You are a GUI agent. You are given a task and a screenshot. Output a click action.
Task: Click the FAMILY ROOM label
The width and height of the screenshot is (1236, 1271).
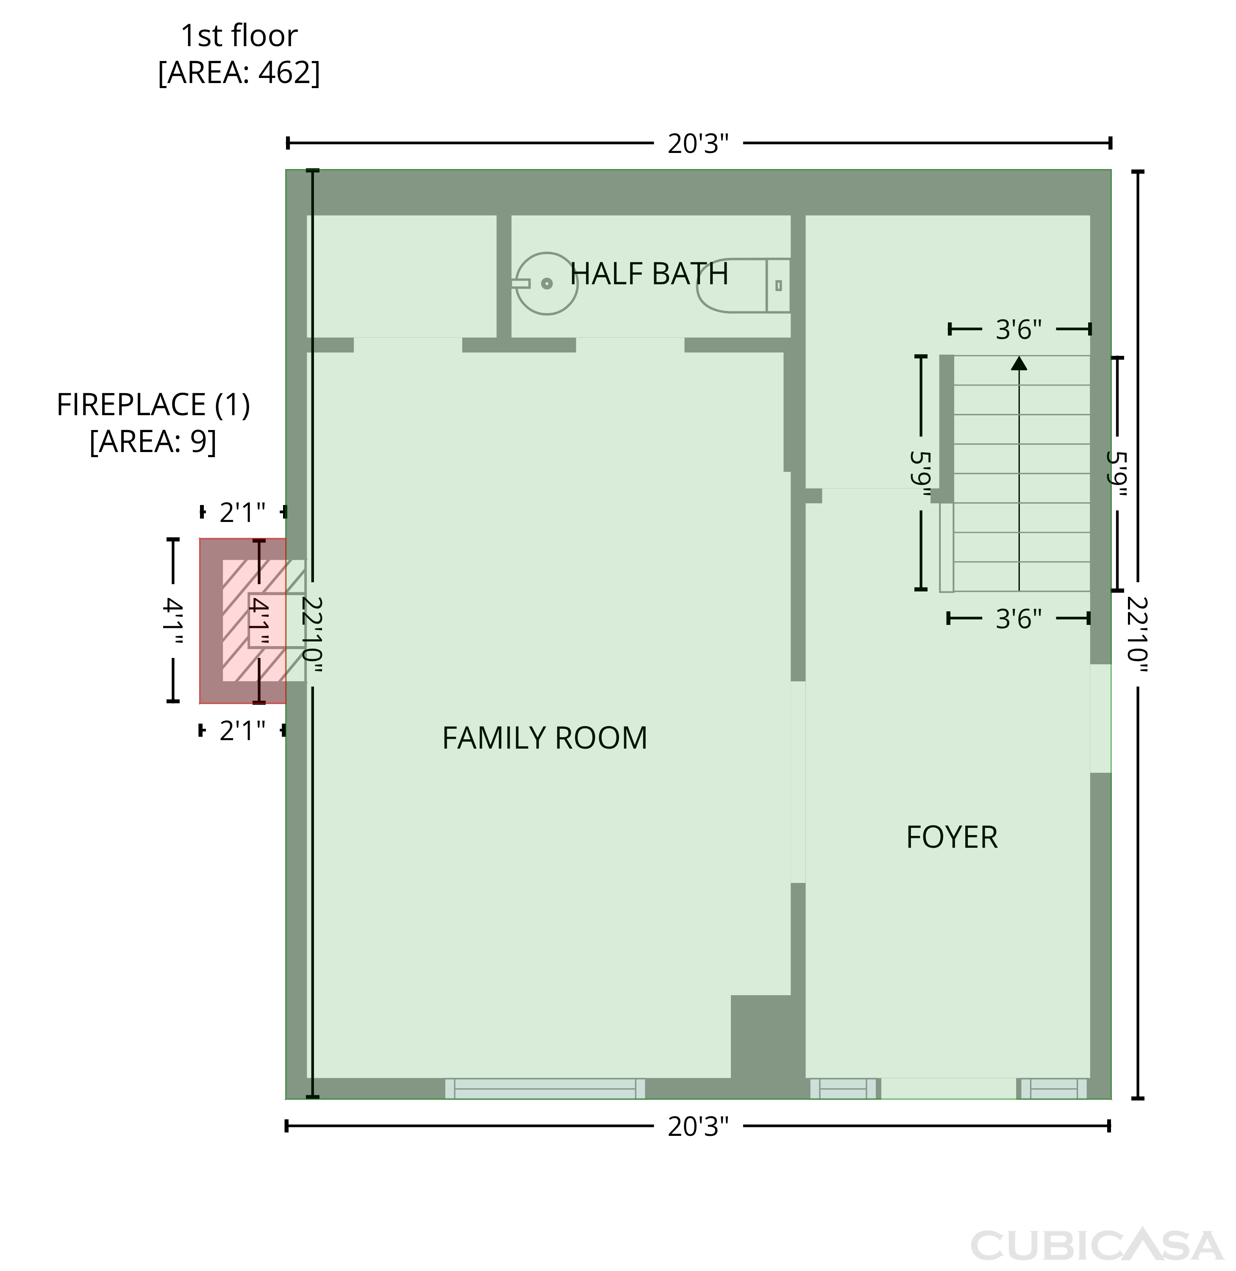544,738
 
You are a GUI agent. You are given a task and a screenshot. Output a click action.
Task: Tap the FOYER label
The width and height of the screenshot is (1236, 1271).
952,838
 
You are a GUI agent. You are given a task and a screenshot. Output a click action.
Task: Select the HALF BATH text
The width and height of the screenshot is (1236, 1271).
649,274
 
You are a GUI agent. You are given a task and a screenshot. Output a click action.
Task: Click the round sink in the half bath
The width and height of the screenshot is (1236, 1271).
547,284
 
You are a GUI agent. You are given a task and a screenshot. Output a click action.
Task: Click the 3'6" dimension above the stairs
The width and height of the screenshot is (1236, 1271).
1019,330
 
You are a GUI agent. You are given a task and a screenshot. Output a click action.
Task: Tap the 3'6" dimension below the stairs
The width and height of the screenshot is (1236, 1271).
1019,619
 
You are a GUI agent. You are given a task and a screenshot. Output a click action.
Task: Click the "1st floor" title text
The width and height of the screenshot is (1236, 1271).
239,36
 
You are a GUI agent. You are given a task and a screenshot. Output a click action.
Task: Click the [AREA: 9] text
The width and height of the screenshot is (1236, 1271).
153,442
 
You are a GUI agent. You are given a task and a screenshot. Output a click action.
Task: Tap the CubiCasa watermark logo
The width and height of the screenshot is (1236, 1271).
1097,1246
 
